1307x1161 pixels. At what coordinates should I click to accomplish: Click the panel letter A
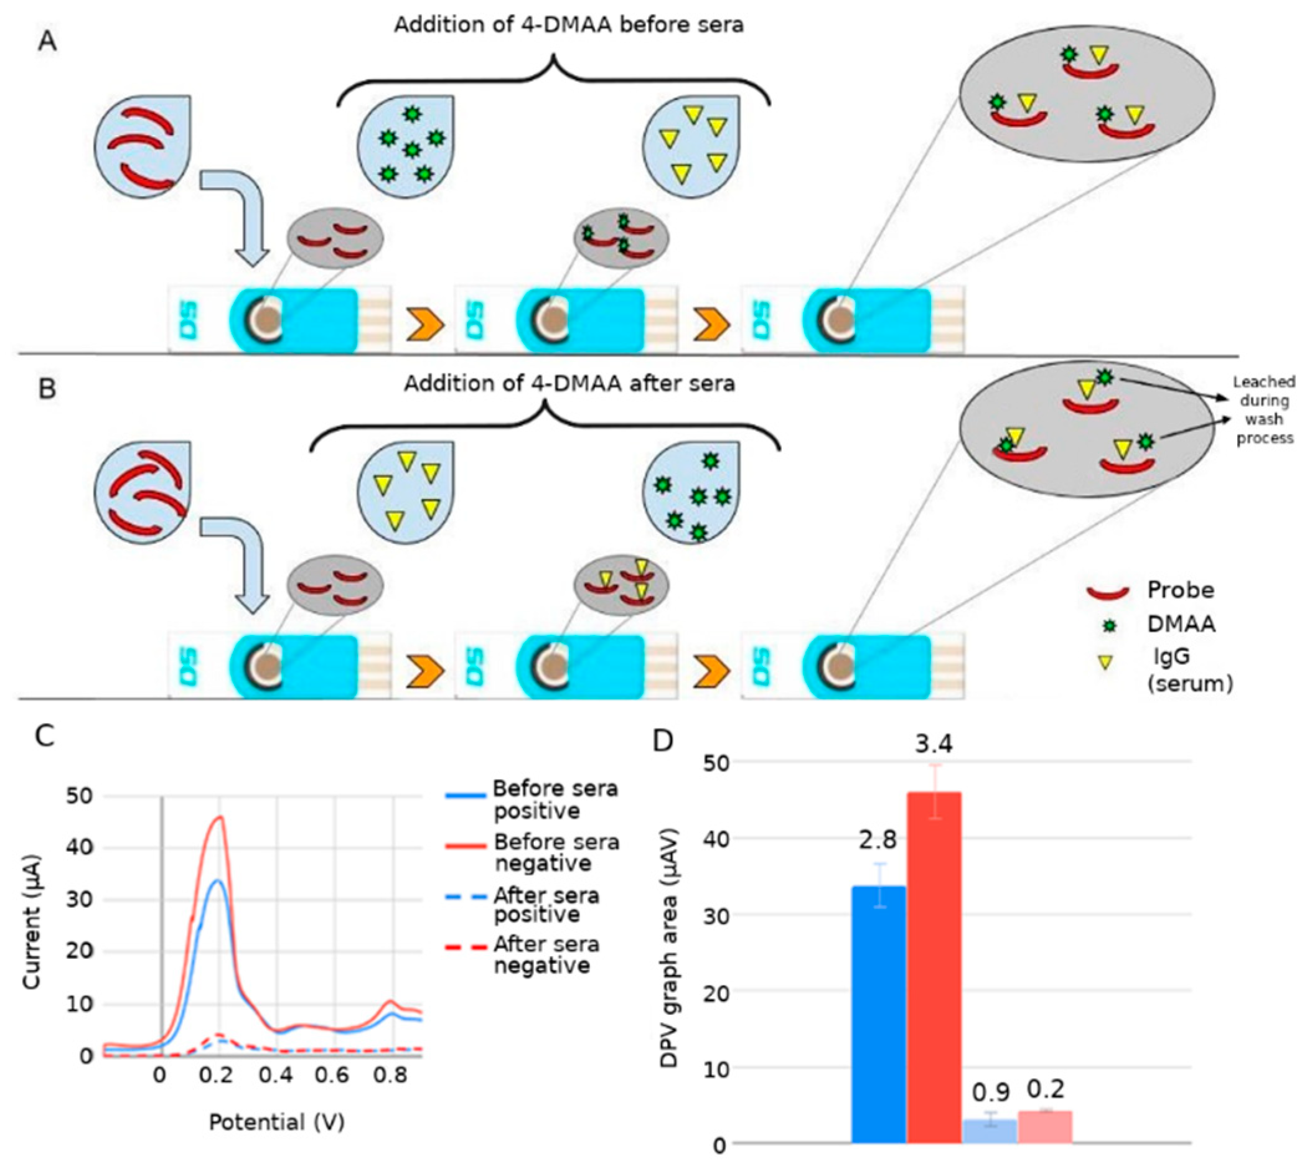click(x=48, y=42)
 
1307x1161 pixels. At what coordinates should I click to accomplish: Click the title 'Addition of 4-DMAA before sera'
click(x=568, y=25)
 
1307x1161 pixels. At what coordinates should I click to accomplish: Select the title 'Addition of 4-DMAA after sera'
click(x=569, y=384)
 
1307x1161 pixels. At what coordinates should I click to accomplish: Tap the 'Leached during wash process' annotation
click(x=1263, y=410)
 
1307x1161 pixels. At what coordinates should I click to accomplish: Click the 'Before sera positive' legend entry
click(x=555, y=800)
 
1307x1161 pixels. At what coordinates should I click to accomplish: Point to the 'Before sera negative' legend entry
click(x=556, y=852)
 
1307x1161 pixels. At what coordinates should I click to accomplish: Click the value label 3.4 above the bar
click(x=933, y=744)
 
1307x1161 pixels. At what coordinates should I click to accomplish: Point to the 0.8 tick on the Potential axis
click(x=391, y=1076)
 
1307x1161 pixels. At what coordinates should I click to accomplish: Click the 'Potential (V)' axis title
click(x=276, y=1122)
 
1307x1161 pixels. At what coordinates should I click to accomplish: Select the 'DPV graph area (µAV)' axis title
click(x=670, y=949)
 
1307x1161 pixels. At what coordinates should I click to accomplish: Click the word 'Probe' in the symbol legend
click(x=1180, y=589)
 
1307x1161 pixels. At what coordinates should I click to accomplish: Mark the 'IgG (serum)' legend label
click(x=1189, y=670)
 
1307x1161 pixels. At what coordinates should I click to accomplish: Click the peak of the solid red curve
click(x=220, y=817)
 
